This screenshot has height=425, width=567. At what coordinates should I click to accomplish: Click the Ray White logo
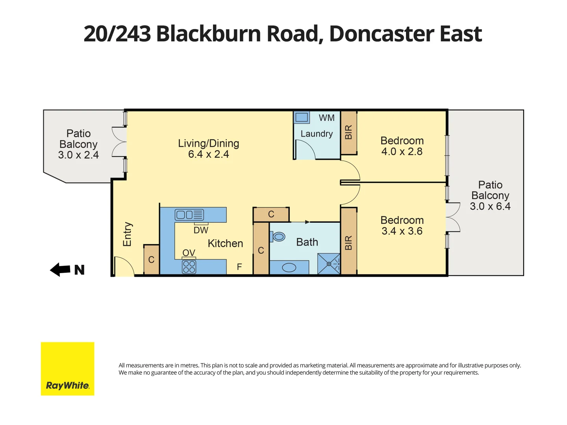[67, 369]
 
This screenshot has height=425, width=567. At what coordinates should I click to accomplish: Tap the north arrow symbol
[60, 270]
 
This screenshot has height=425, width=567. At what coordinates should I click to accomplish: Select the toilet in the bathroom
[278, 237]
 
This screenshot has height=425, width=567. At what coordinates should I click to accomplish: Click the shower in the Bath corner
[329, 264]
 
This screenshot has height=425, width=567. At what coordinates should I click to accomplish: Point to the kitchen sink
[189, 215]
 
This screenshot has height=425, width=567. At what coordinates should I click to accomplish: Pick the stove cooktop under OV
[189, 267]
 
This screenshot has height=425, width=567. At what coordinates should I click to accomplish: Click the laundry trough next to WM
[302, 117]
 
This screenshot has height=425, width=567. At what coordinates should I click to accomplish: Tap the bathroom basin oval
[289, 268]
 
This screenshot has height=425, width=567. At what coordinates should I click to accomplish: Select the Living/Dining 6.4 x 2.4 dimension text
[208, 154]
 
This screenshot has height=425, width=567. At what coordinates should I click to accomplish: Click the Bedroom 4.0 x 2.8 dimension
[402, 152]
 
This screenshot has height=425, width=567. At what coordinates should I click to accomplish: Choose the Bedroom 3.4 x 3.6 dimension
[402, 231]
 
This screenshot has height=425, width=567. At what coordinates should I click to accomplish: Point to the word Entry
[127, 234]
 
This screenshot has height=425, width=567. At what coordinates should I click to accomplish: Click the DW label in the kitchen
[201, 230]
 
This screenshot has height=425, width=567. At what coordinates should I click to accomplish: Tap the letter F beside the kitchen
[239, 267]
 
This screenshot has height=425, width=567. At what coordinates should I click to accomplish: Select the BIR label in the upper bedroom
[348, 132]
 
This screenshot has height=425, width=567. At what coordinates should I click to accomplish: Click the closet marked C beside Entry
[151, 260]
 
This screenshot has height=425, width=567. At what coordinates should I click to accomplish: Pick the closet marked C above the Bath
[271, 214]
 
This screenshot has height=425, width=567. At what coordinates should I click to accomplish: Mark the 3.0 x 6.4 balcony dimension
[490, 206]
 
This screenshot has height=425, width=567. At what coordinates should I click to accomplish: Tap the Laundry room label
[317, 134]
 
